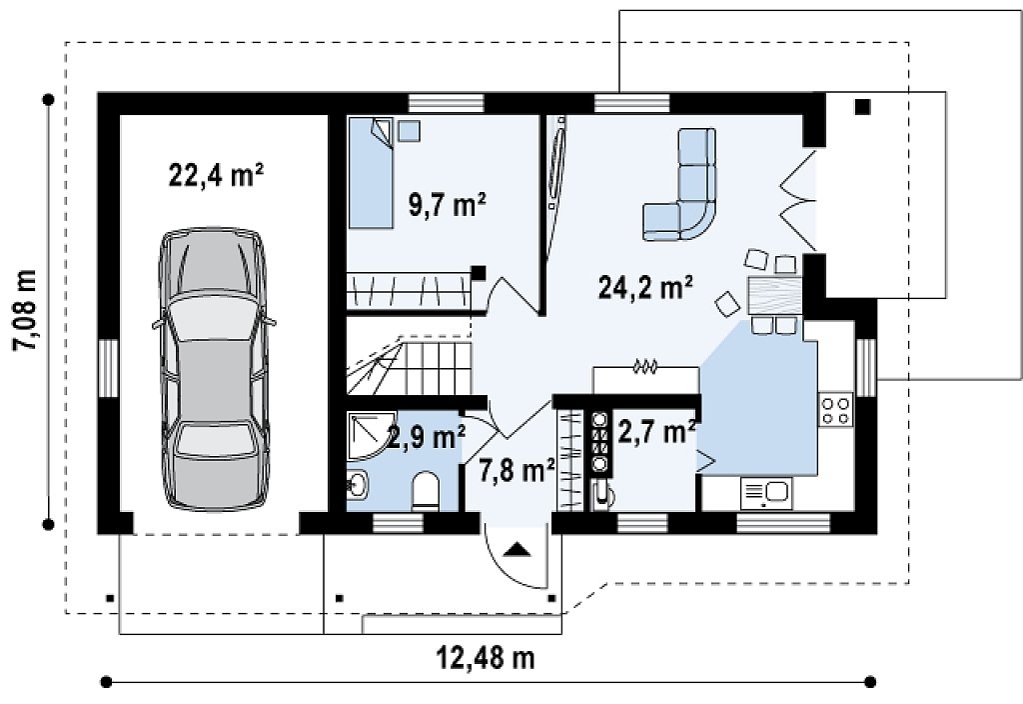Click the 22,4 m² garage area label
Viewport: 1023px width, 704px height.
click(x=216, y=175)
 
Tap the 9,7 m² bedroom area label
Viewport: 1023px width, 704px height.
click(x=447, y=205)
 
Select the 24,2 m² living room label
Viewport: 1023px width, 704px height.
click(x=645, y=287)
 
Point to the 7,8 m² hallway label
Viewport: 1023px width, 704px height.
click(x=516, y=470)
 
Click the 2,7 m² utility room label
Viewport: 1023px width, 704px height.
click(x=655, y=433)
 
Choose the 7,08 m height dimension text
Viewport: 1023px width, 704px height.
click(x=26, y=310)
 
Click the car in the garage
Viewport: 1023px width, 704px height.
click(x=214, y=368)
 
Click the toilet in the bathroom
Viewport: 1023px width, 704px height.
click(x=427, y=491)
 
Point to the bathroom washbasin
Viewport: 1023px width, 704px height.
click(x=357, y=485)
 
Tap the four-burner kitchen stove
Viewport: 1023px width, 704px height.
click(x=836, y=409)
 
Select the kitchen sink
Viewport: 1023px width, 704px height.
click(x=766, y=493)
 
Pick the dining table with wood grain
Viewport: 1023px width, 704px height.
click(x=774, y=296)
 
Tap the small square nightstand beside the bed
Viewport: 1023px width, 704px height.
click(x=409, y=131)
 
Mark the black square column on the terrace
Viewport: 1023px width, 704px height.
click(x=862, y=106)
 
